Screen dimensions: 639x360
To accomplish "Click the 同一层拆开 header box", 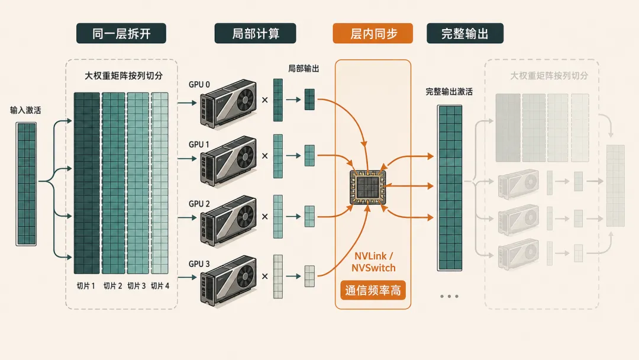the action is pos(121,33).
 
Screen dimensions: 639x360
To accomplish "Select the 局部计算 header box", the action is pos(255,33).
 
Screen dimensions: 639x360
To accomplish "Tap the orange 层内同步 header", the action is pos(373,33).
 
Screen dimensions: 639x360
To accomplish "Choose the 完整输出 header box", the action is pos(465,33).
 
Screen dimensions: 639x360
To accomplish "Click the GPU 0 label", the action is pos(199,85).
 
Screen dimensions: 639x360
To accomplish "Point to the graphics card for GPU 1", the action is pos(228,160).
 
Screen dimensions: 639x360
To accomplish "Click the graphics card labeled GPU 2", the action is pos(228,221).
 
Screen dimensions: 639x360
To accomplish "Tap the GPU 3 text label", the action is pos(199,263).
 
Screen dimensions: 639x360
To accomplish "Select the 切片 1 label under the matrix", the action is pos(86,286).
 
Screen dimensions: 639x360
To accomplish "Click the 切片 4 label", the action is pos(160,286).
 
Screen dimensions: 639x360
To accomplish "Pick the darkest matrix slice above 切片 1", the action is pos(87,183).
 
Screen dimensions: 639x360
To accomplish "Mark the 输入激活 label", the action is pos(25,110).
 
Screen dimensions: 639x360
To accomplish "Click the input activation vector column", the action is pos(26,184).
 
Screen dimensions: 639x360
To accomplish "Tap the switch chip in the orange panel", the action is pos(367,187).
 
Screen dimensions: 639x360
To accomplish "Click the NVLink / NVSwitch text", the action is pos(373,262).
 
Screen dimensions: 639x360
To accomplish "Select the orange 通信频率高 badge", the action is pos(373,290).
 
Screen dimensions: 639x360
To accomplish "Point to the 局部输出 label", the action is pos(304,69).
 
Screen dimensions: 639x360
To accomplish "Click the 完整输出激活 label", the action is pos(449,92).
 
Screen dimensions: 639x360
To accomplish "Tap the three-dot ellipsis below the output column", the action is pos(449,297).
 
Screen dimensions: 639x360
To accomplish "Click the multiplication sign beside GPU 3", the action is pos(265,277).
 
